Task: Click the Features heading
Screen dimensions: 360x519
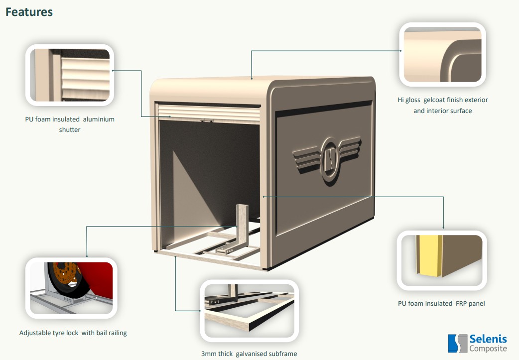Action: tap(29, 12)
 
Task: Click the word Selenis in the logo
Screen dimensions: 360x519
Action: tap(488, 339)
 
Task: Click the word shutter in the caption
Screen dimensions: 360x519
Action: tap(70, 129)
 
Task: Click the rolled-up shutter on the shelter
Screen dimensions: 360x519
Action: tap(208, 113)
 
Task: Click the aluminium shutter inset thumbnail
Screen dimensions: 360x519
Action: tap(70, 75)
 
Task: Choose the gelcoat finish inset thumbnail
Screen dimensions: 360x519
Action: tap(442, 54)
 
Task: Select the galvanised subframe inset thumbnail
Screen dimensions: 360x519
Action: tap(249, 310)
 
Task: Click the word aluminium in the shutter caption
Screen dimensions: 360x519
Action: tap(99, 119)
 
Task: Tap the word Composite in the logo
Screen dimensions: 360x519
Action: tap(488, 349)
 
